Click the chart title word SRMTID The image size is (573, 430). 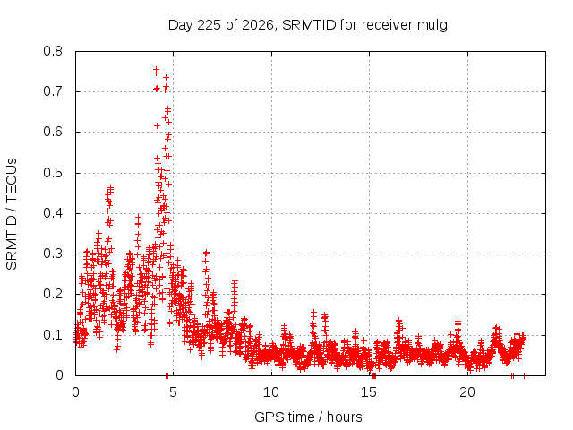(309, 25)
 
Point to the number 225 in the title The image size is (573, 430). (209, 25)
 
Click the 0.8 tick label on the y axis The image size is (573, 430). (53, 51)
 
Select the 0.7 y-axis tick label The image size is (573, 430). (53, 91)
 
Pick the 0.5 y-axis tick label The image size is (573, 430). (53, 173)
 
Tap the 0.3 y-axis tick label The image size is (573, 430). (53, 254)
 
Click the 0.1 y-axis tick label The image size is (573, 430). (53, 334)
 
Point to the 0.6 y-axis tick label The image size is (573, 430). (53, 132)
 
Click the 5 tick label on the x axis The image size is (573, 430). (173, 392)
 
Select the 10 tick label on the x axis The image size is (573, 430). (271, 392)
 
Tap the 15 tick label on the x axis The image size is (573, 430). (369, 392)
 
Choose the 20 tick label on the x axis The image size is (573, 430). (467, 392)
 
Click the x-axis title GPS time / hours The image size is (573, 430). (308, 417)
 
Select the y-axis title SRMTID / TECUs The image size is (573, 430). (12, 214)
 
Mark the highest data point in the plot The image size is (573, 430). (156, 69)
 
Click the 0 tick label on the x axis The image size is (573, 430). (75, 392)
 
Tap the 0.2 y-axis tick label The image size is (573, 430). (53, 294)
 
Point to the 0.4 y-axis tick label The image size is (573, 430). (53, 213)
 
